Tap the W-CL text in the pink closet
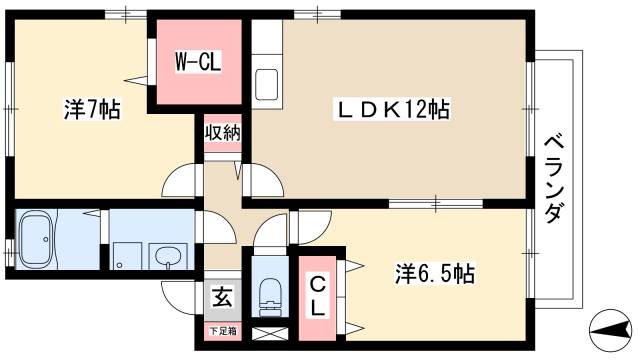point(198,62)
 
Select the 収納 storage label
point(222,133)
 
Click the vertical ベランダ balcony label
point(553,180)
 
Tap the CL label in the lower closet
point(317,295)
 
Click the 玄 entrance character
point(222,298)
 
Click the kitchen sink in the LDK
point(267,82)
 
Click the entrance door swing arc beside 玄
point(177,296)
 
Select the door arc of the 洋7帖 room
point(180,177)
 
